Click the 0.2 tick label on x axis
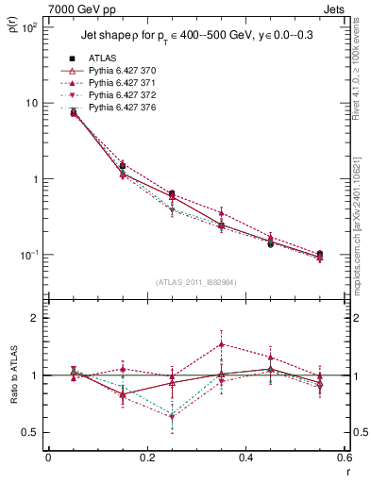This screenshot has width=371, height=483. click(146, 459)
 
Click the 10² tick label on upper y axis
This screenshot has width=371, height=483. click(29, 27)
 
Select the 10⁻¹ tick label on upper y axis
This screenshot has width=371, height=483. click(29, 256)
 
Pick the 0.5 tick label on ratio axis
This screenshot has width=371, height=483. click(31, 432)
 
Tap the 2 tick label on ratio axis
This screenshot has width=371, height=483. click(36, 318)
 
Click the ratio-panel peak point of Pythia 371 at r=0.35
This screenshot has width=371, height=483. click(221, 344)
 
